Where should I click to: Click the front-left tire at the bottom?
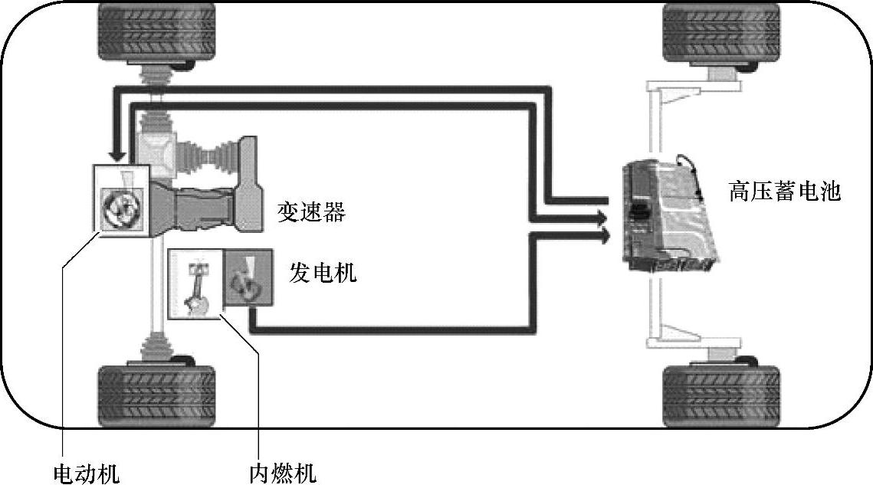click(156, 395)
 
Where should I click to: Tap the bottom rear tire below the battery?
click(720, 395)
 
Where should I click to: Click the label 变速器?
click(311, 212)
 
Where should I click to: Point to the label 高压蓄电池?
click(784, 191)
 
